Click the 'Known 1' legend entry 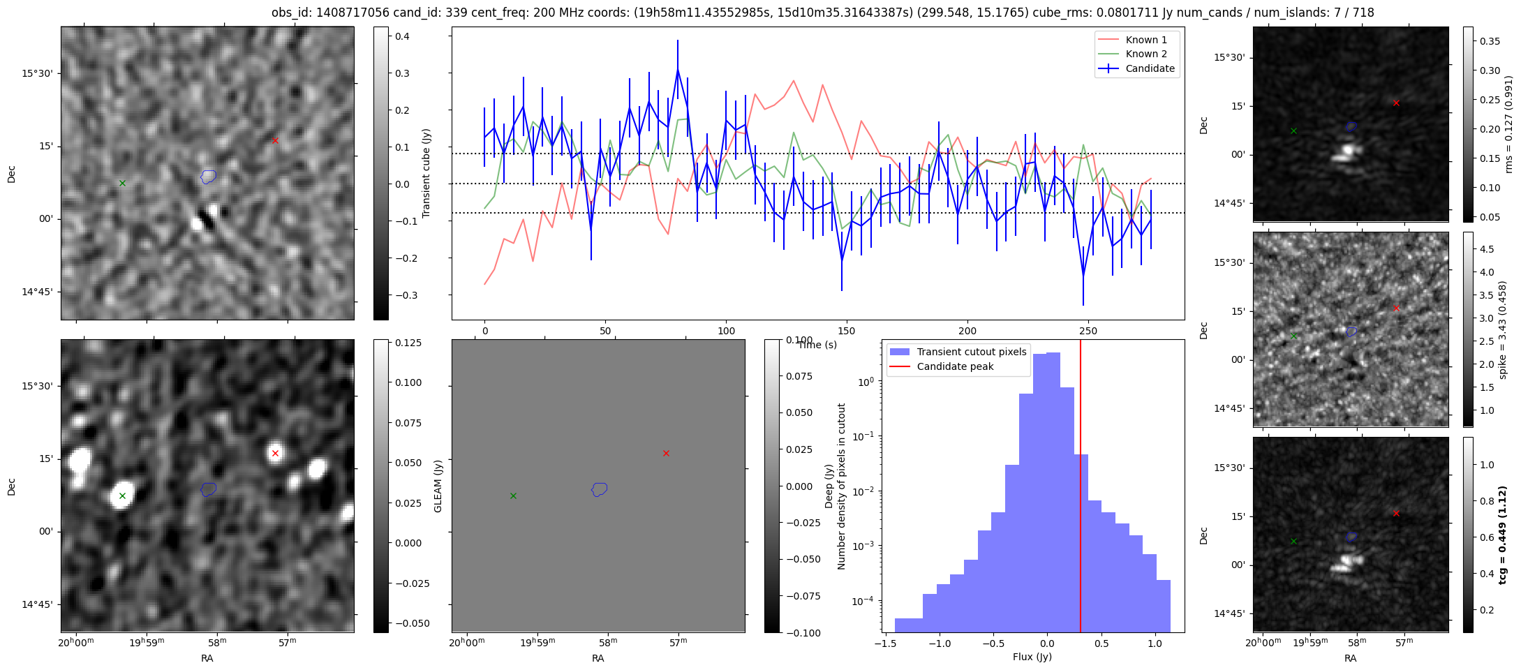click(1137, 40)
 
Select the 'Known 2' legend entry click(1137, 54)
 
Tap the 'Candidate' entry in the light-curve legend click(1137, 68)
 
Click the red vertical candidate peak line click(1081, 486)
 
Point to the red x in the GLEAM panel click(666, 453)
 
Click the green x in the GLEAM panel click(513, 496)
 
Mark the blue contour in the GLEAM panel click(600, 489)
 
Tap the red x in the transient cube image click(275, 140)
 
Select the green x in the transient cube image click(122, 183)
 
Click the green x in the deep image click(122, 496)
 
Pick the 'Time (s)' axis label click(817, 345)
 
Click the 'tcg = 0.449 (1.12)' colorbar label click(1504, 535)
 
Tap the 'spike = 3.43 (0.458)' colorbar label click(1503, 329)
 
